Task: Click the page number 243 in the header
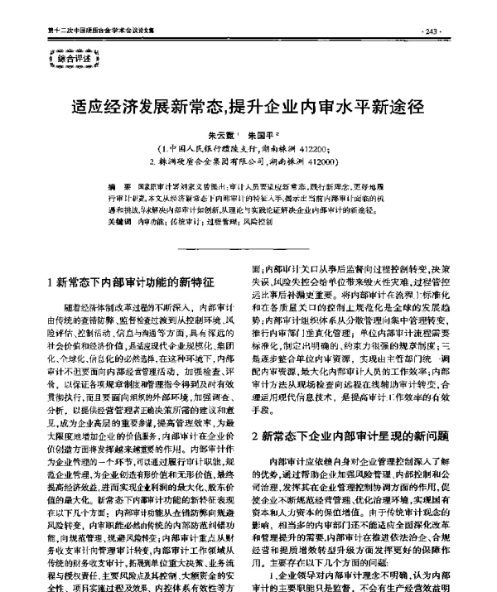(433, 31)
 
